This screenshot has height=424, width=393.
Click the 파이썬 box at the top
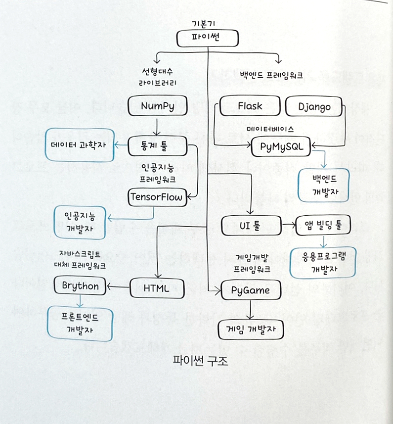[x=208, y=39]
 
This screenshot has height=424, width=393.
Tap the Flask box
[x=250, y=107]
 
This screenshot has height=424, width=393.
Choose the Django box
[x=315, y=107]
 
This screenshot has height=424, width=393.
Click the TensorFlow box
[x=156, y=197]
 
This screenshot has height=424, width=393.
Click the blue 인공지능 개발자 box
[x=80, y=222]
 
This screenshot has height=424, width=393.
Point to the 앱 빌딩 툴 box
[x=322, y=225]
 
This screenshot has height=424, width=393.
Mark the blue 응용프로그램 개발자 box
[x=323, y=262]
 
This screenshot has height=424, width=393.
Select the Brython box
[x=81, y=286]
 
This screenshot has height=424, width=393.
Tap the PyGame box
[x=251, y=290]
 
